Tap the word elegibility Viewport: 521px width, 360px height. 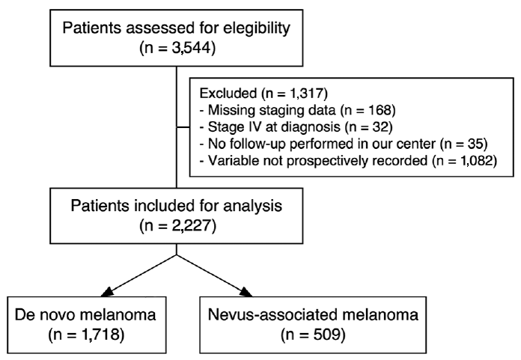click(x=257, y=28)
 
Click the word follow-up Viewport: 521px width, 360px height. click(x=252, y=144)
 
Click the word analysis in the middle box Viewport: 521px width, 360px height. click(x=253, y=207)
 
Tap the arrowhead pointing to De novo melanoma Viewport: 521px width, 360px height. click(x=107, y=292)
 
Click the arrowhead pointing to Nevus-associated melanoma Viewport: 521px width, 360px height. click(x=246, y=292)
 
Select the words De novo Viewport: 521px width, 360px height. click(x=45, y=314)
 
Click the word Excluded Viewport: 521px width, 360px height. click(x=228, y=94)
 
